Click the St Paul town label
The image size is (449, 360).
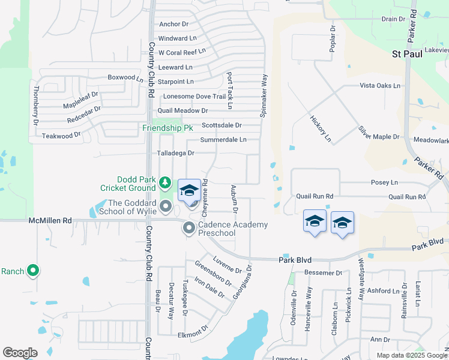(407, 53)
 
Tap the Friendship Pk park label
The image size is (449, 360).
(167, 128)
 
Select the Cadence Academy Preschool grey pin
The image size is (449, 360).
(189, 228)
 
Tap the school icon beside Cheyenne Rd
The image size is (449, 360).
(190, 190)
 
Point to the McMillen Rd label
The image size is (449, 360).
(50, 221)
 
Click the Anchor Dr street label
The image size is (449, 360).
(173, 25)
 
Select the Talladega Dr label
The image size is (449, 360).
(176, 153)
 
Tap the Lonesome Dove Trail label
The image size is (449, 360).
(194, 96)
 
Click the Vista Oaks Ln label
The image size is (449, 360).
(379, 85)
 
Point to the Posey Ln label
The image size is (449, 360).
(385, 182)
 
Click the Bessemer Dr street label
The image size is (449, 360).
(323, 272)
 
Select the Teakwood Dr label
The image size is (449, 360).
(61, 136)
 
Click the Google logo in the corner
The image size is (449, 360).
(20, 353)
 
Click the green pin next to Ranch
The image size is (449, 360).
(33, 271)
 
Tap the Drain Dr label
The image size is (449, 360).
(393, 19)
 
